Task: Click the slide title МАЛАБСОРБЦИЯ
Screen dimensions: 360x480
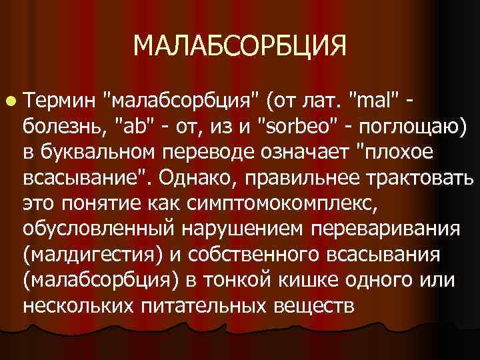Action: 240,46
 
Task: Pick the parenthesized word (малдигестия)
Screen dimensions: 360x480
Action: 93,253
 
